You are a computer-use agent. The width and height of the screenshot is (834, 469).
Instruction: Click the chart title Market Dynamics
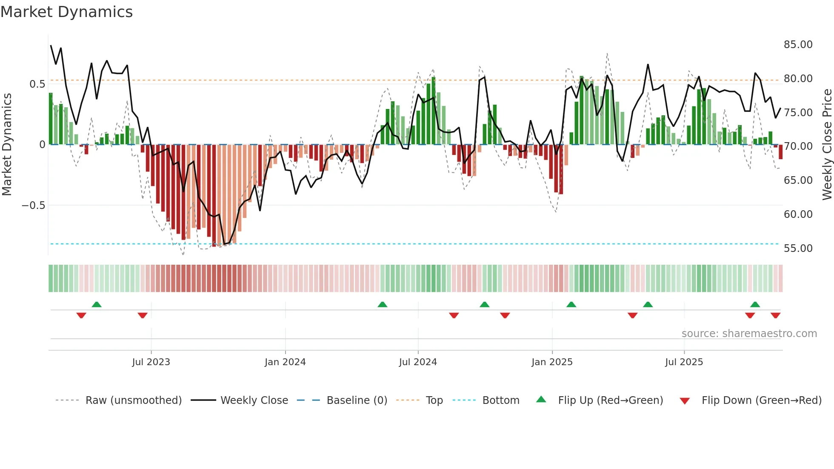click(x=66, y=12)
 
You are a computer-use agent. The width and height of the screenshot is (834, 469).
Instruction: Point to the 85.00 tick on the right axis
click(x=798, y=45)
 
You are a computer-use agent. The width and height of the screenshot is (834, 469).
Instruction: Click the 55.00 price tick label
click(x=798, y=249)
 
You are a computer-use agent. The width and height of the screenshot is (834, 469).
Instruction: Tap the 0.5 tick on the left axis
click(x=37, y=84)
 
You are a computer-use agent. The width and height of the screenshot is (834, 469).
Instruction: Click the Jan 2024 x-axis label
click(x=285, y=362)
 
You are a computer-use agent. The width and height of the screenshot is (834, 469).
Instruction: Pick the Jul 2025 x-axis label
click(x=684, y=362)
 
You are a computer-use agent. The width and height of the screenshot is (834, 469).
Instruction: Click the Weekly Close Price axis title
click(x=827, y=145)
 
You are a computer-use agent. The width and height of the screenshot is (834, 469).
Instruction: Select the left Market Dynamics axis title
click(x=7, y=145)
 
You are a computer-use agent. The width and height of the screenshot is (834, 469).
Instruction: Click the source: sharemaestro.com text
click(x=749, y=334)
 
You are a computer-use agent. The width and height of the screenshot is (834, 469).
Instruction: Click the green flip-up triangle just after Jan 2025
click(x=571, y=305)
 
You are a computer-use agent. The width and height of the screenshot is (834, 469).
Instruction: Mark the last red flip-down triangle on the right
click(x=775, y=315)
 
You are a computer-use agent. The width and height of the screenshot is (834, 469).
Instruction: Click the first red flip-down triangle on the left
click(x=81, y=315)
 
